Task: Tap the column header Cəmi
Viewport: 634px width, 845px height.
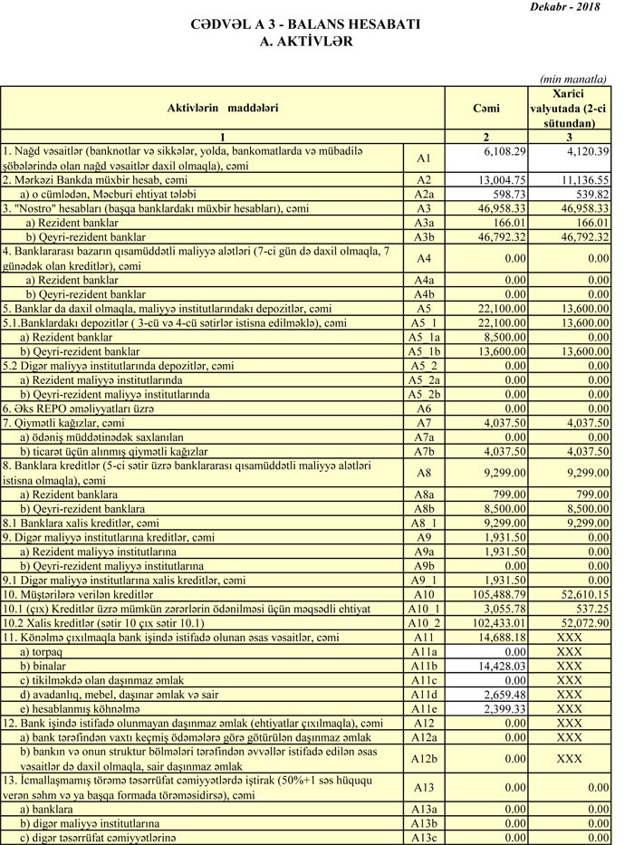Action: pos(486,108)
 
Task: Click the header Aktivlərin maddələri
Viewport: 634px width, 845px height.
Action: pos(223,108)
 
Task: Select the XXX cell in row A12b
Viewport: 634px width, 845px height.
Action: pos(570,758)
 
